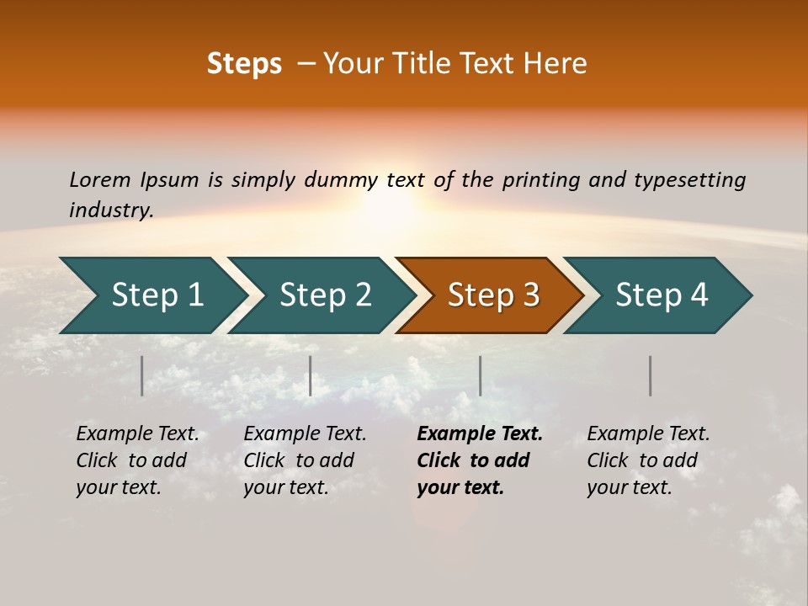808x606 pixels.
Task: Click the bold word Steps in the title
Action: pyautogui.click(x=244, y=64)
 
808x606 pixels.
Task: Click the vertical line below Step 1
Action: pyautogui.click(x=142, y=375)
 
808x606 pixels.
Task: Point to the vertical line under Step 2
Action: pyautogui.click(x=311, y=375)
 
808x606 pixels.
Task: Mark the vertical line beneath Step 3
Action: pyautogui.click(x=481, y=375)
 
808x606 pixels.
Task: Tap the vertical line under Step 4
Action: pyautogui.click(x=651, y=375)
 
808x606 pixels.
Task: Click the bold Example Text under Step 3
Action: pyautogui.click(x=480, y=434)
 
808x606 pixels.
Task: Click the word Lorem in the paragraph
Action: pyautogui.click(x=100, y=179)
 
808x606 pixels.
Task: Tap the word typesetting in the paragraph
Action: pyautogui.click(x=689, y=180)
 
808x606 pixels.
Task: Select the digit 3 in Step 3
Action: pyautogui.click(x=530, y=295)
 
